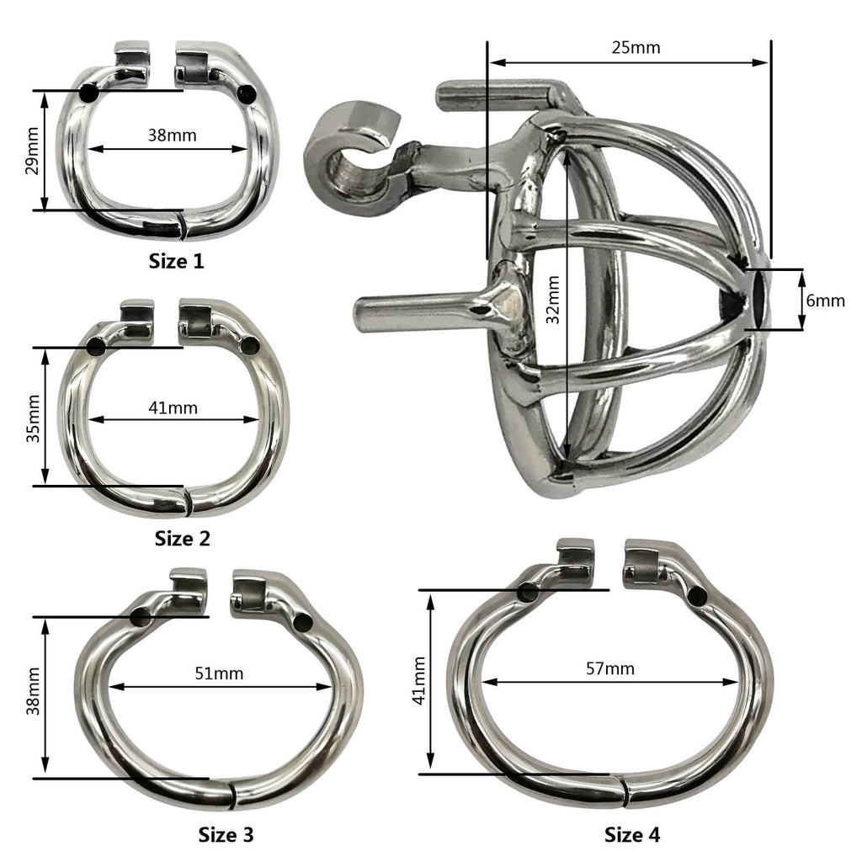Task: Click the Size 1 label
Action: point(176,261)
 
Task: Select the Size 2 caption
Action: point(182,538)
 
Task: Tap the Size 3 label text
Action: point(226,834)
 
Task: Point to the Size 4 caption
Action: point(632,834)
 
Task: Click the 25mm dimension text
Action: point(636,47)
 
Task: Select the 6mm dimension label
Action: point(825,301)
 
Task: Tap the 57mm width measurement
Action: point(610,668)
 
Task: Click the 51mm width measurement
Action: point(219,673)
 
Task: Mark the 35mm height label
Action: point(31,417)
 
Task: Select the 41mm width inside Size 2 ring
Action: point(173,407)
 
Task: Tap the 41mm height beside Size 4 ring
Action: point(418,681)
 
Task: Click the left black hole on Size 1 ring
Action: point(88,93)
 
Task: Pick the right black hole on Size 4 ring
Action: point(698,596)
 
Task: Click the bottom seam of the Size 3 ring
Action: point(231,793)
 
